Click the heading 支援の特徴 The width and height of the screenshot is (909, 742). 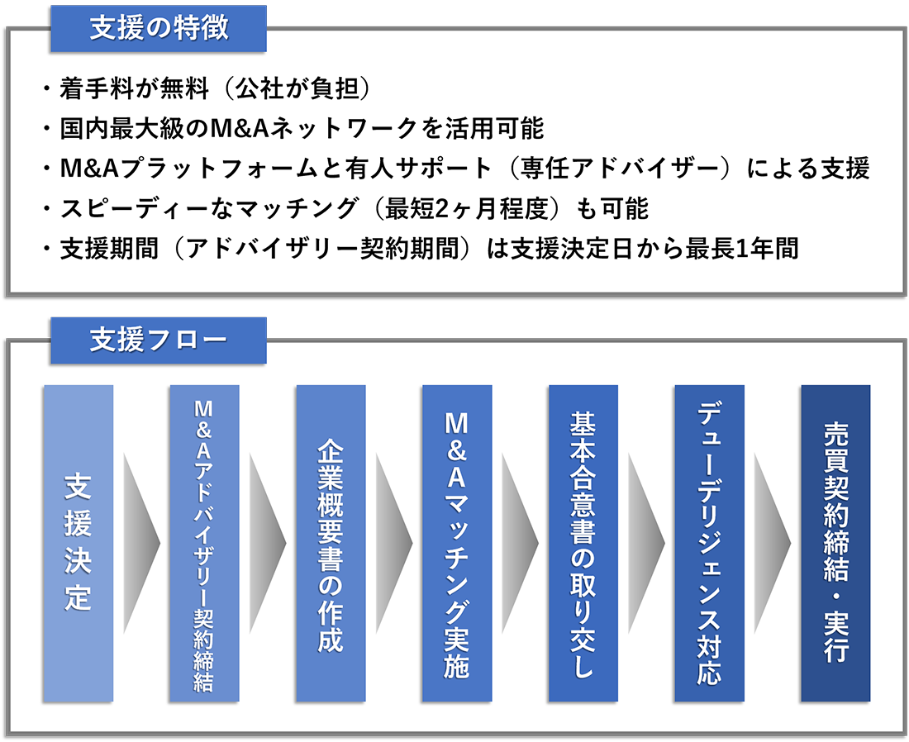(x=159, y=28)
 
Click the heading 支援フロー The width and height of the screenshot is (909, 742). (x=159, y=340)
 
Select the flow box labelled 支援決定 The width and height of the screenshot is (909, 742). (x=78, y=543)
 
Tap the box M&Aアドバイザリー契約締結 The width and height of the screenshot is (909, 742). (x=204, y=543)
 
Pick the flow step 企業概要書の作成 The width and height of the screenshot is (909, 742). (x=331, y=543)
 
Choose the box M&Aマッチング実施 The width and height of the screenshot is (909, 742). (x=457, y=543)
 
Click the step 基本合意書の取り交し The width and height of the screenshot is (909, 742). (x=583, y=543)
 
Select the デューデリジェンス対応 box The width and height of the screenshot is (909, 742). (x=710, y=543)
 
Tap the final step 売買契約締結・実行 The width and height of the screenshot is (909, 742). (x=836, y=543)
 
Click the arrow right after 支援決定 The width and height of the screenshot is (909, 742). (x=141, y=543)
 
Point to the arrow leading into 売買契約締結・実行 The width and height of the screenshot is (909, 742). (x=773, y=543)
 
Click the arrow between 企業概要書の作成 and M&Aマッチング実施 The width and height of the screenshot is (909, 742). (x=394, y=543)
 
